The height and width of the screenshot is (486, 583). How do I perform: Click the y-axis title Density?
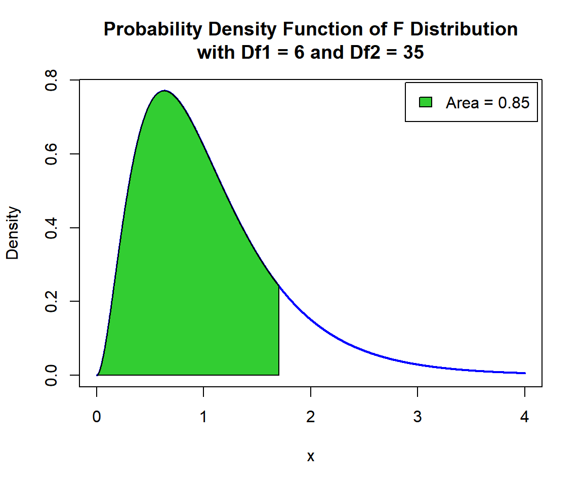13,233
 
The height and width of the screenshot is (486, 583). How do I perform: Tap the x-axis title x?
311,456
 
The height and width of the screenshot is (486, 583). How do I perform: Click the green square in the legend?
425,102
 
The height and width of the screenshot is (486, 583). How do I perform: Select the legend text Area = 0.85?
487,103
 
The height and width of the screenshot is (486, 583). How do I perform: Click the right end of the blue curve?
525,373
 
